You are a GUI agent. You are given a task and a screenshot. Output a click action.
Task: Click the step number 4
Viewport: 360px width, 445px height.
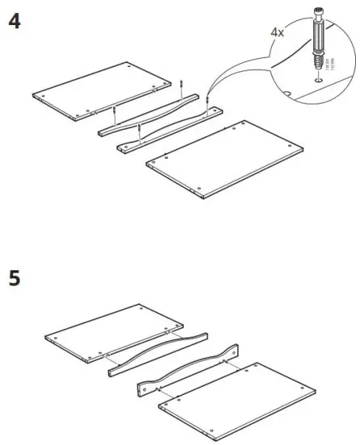click(14, 22)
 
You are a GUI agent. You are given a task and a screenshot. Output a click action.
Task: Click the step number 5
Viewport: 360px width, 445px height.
click(14, 279)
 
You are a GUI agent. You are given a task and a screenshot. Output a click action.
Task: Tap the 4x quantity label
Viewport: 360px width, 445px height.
click(278, 34)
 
